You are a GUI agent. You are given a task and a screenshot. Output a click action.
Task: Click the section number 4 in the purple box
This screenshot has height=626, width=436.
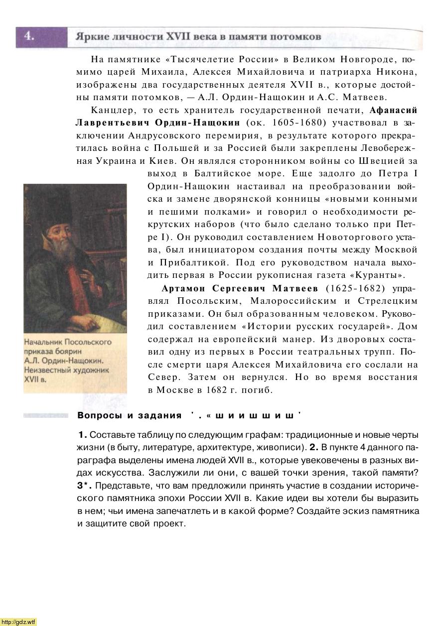29,36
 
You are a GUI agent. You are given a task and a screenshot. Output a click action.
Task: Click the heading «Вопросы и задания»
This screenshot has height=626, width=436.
130,416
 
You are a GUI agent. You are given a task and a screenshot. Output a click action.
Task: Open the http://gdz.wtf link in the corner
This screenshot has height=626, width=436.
19,622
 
